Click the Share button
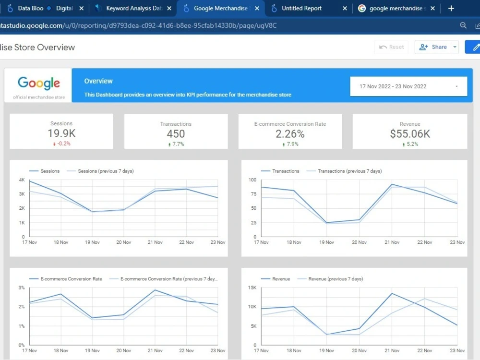(x=433, y=47)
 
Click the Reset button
(x=391, y=47)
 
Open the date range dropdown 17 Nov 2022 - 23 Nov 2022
(x=408, y=86)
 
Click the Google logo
(x=39, y=83)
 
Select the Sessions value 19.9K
(x=61, y=133)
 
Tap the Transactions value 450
(x=176, y=134)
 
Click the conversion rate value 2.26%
(x=290, y=134)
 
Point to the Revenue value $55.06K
(x=410, y=134)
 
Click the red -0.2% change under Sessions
(x=62, y=144)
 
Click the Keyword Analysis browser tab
(x=133, y=8)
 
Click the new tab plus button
(x=451, y=8)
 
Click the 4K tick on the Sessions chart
(x=22, y=180)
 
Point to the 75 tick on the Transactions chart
(x=253, y=194)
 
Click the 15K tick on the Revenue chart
(x=252, y=288)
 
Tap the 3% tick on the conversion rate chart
(x=22, y=288)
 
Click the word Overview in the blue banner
(x=98, y=81)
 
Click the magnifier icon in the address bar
(x=463, y=25)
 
